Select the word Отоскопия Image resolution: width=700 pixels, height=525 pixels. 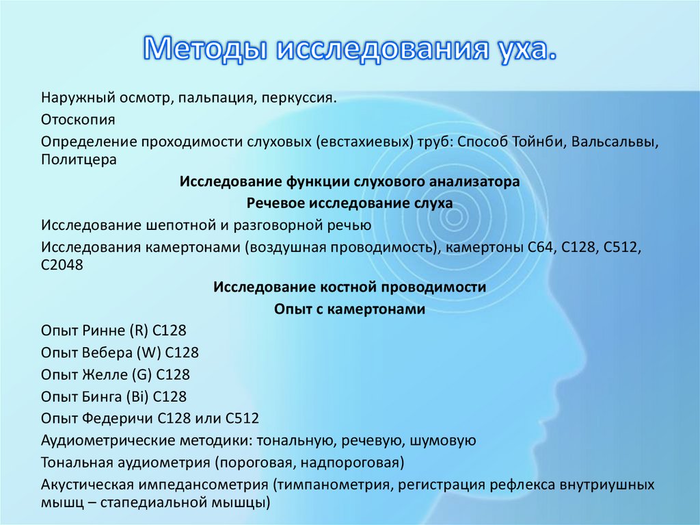[x=77, y=120]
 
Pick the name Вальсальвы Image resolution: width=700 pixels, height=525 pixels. [x=616, y=142]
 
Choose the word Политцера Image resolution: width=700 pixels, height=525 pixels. [x=79, y=159]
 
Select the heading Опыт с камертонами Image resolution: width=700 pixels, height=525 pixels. [x=350, y=309]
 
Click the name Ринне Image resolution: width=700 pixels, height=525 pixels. [x=103, y=331]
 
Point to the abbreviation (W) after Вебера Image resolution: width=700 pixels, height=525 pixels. [x=150, y=353]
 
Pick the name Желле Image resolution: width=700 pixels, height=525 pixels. [x=105, y=375]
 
